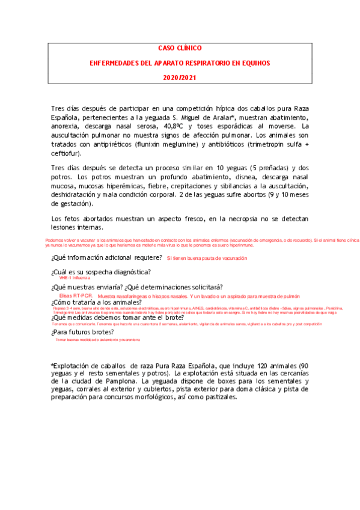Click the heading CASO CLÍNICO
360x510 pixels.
(180, 48)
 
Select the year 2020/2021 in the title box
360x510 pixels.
(180, 78)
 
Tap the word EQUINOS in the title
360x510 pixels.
(252, 63)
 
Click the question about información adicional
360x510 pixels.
(107, 257)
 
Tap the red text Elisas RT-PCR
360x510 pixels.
(76, 296)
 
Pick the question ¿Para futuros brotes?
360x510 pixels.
(82, 331)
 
